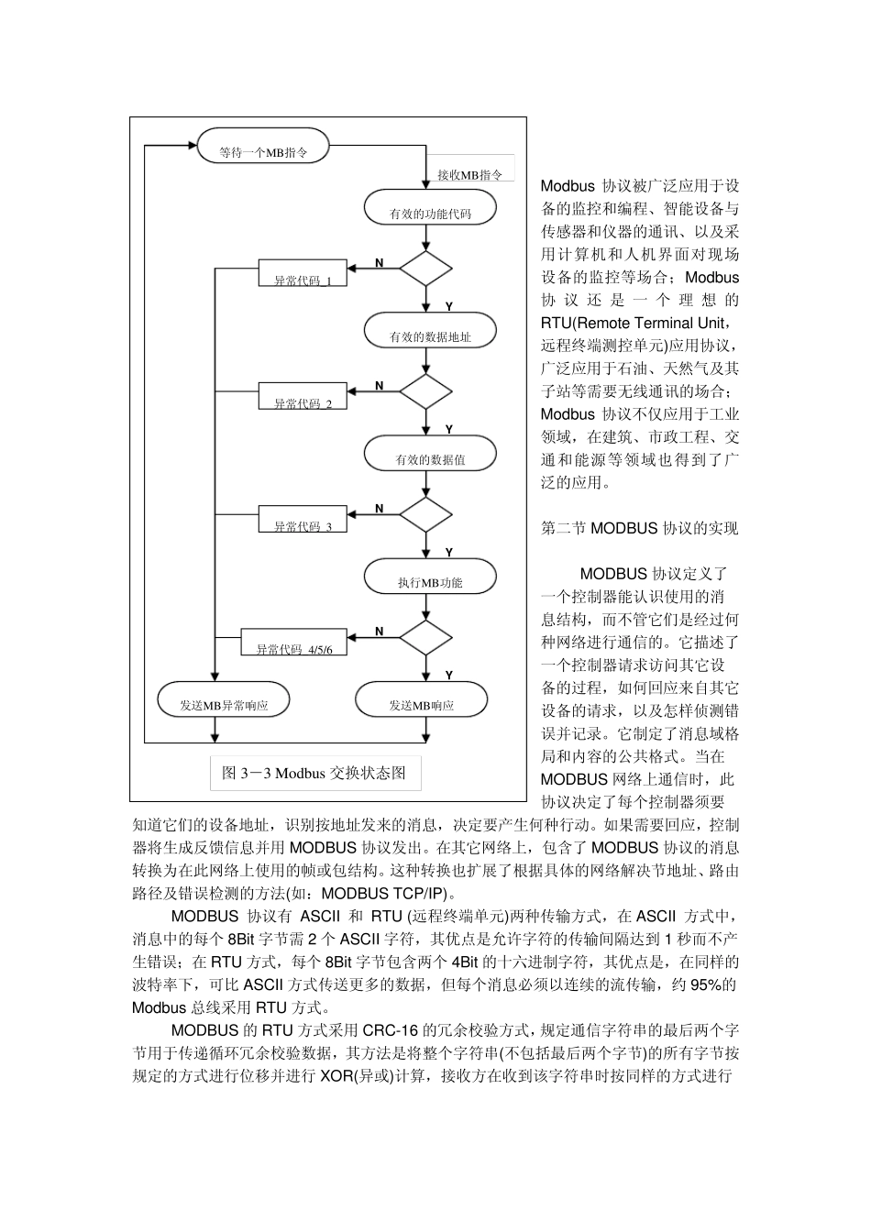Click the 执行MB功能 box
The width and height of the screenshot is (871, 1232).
click(430, 577)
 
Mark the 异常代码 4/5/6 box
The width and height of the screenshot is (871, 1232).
click(294, 643)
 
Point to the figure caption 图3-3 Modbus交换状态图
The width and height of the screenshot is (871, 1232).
click(314, 773)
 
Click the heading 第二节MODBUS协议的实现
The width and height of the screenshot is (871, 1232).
click(639, 528)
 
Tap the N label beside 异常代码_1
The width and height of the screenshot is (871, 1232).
click(379, 263)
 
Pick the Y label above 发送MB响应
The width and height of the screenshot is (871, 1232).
click(449, 675)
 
